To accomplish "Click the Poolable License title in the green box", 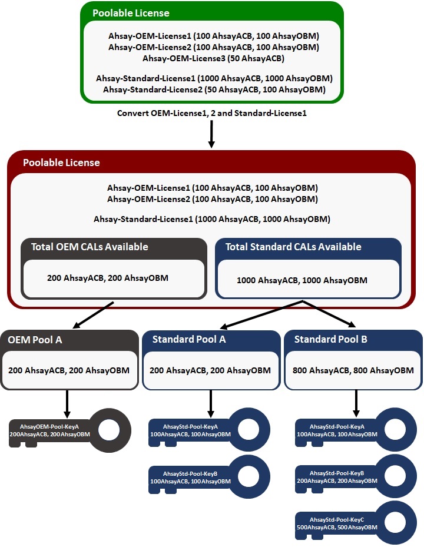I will point(131,13).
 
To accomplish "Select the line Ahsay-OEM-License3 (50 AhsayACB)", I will point(213,58).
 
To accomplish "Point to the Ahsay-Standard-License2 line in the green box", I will point(214,89).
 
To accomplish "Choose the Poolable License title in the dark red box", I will point(61,163).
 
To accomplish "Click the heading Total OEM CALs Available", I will point(90,247).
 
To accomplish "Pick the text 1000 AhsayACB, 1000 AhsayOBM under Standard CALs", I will point(302,280).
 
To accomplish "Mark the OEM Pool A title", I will point(35,339).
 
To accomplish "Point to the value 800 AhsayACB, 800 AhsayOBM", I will point(353,370).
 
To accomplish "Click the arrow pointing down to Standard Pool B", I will point(330,313).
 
